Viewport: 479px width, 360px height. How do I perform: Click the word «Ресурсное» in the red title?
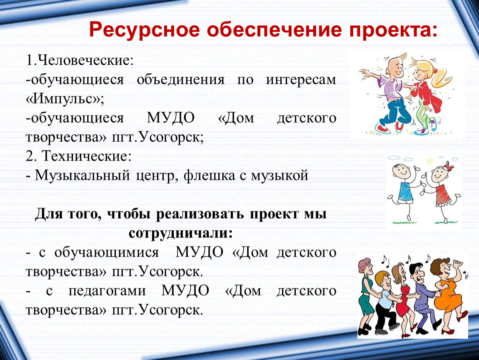(145, 30)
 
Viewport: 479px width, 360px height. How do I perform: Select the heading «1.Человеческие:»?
(80, 60)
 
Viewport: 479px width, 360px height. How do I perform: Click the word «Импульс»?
(65, 98)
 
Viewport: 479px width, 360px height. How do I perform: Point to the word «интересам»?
(301, 80)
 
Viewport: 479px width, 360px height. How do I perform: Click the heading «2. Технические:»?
(78, 156)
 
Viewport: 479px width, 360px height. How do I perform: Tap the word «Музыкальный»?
(82, 175)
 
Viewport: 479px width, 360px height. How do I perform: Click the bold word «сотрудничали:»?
(180, 233)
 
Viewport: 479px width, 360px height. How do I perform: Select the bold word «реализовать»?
(200, 214)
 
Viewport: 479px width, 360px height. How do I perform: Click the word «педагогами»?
(107, 291)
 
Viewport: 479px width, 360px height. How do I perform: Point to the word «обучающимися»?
(107, 253)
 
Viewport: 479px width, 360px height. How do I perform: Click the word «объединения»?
(180, 80)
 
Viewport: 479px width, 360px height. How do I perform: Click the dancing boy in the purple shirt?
(388, 92)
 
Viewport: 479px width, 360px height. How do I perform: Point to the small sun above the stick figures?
(430, 161)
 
